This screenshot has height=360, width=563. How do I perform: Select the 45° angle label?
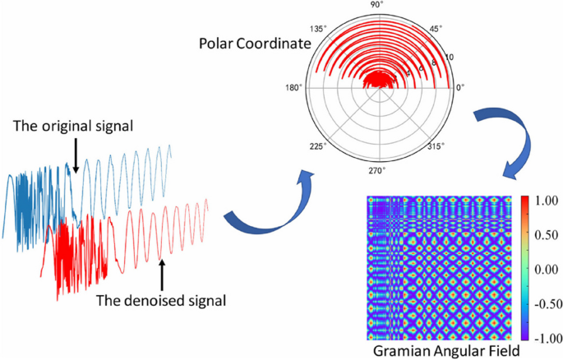pos(436,27)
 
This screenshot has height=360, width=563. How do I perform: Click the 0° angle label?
pos(461,87)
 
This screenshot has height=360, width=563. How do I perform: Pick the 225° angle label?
pos(318,145)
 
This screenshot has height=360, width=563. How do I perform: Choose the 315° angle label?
pos(435,145)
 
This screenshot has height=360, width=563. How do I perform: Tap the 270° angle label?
pos(377,171)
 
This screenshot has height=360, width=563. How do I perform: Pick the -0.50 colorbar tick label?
pos(546,302)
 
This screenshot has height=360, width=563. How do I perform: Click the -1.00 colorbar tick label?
pos(546,336)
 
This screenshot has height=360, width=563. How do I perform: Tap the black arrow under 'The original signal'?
pos(74,156)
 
